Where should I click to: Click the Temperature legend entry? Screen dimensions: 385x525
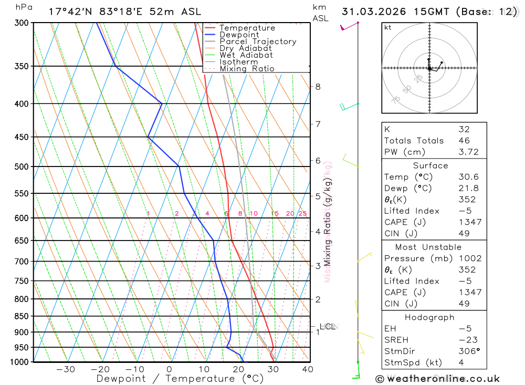click(247, 28)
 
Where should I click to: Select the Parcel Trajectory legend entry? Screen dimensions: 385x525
click(257, 41)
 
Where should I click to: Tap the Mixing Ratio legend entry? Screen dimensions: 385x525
click(247, 69)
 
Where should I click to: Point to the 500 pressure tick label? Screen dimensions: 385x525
click(22, 167)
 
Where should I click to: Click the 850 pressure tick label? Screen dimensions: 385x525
click(22, 316)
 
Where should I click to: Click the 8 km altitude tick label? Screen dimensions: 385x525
click(318, 87)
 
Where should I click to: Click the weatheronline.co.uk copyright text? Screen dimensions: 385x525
click(437, 379)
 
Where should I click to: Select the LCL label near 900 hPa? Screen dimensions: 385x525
click(327, 327)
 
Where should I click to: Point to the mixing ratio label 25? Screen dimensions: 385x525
click(302, 213)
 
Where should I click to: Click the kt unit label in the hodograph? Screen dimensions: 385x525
click(388, 27)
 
